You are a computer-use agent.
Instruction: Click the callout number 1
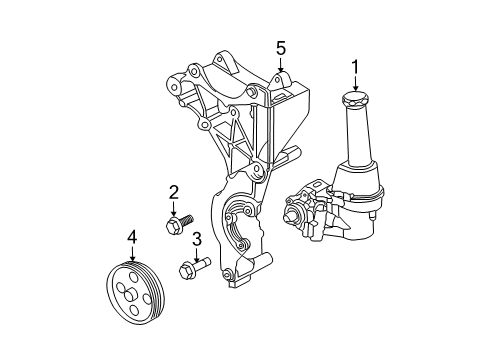[x=353, y=67]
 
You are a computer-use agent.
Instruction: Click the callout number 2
[x=173, y=191]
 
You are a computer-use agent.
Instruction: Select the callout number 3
[x=197, y=238]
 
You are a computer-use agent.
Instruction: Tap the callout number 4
[x=131, y=237]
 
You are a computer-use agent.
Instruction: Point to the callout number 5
[x=281, y=47]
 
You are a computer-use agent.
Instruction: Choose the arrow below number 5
[x=281, y=64]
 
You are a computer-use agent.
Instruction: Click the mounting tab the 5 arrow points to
[x=281, y=82]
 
